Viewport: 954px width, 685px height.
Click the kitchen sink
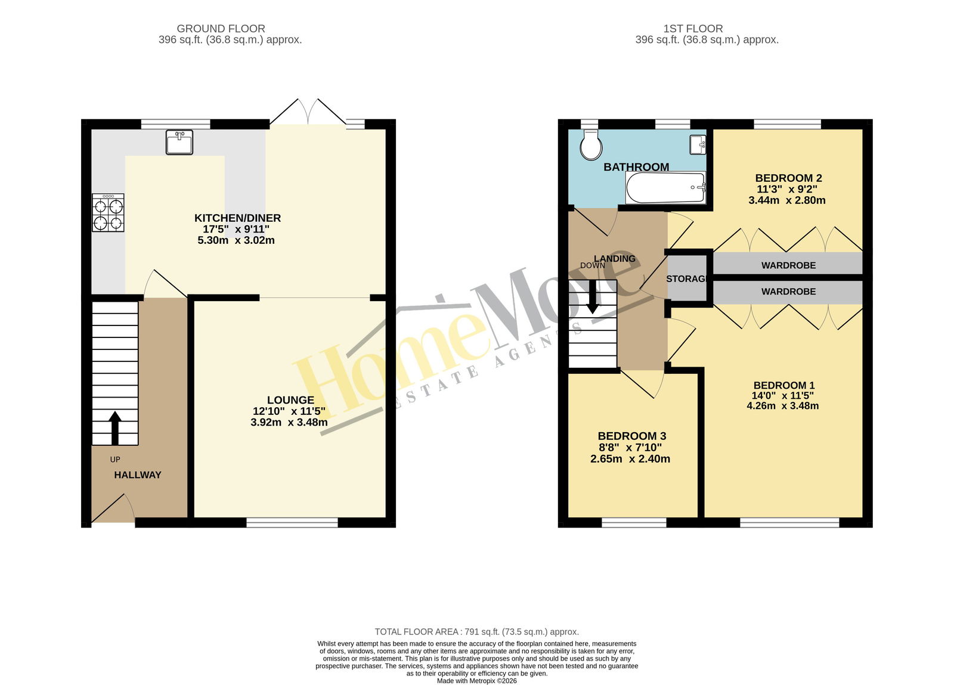pos(179,142)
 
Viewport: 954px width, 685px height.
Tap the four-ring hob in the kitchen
pos(108,213)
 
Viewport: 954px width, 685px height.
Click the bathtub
pos(665,188)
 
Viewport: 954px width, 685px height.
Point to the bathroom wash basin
pos(698,145)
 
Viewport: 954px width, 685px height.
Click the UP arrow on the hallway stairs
pos(115,428)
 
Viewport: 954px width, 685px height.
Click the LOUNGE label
pos(290,400)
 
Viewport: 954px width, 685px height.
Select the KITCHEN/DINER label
pos(238,218)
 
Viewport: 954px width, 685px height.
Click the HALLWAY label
pos(138,475)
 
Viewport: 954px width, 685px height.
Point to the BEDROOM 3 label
pos(632,436)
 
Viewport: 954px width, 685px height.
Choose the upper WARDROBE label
pos(789,266)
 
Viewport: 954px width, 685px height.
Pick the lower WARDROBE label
pos(789,292)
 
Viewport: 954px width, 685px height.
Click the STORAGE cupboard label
pos(686,279)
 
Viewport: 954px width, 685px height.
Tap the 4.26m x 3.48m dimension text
pos(783,406)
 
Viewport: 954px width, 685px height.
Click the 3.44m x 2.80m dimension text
pos(787,200)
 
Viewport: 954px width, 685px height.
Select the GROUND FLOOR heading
pos(221,29)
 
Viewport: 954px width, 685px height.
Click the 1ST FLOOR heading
pos(693,29)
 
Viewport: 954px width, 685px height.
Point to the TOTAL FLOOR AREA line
pos(476,632)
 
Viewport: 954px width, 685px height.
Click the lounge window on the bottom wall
pos(292,523)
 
